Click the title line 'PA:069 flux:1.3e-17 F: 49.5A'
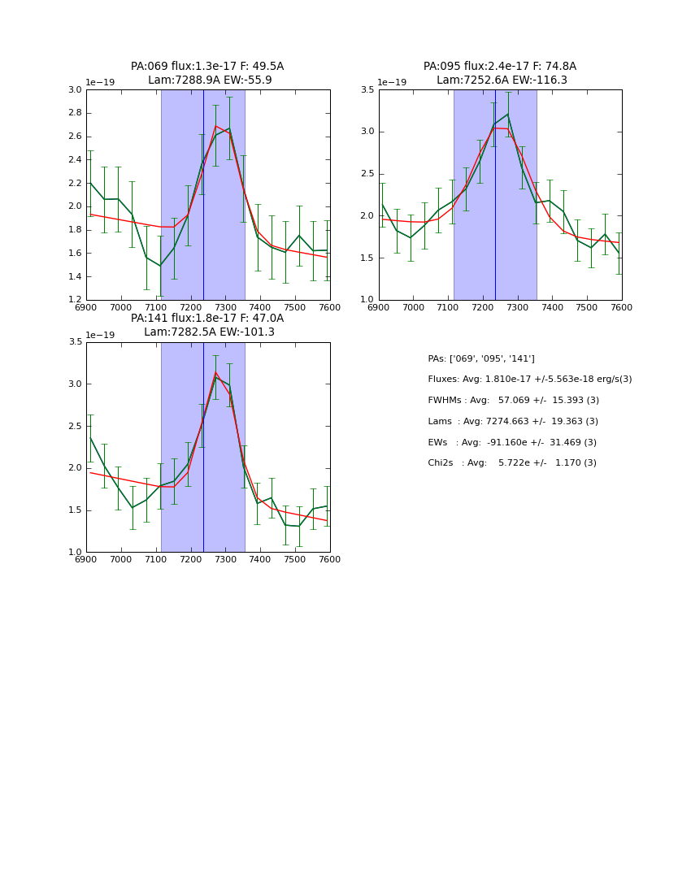click(x=207, y=67)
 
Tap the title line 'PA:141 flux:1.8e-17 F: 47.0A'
click(x=207, y=319)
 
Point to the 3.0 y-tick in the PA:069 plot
click(x=74, y=89)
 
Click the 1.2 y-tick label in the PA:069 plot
click(x=74, y=300)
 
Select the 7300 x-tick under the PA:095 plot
click(x=517, y=307)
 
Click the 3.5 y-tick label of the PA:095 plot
click(x=367, y=89)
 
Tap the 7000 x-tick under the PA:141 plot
click(x=121, y=559)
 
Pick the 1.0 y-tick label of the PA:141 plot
click(x=74, y=553)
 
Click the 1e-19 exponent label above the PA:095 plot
click(x=392, y=82)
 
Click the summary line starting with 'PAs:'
click(x=481, y=358)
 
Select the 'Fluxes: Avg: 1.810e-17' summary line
click(x=529, y=380)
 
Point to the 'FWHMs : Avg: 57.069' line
click(x=513, y=401)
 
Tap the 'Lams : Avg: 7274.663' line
click(x=513, y=422)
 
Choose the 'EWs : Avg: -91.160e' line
click(x=512, y=442)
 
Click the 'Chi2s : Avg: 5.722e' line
click(x=512, y=463)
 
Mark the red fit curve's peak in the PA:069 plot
click(x=215, y=125)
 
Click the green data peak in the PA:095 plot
click(x=508, y=114)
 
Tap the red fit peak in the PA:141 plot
click(x=215, y=372)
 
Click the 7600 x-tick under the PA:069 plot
click(x=329, y=307)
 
